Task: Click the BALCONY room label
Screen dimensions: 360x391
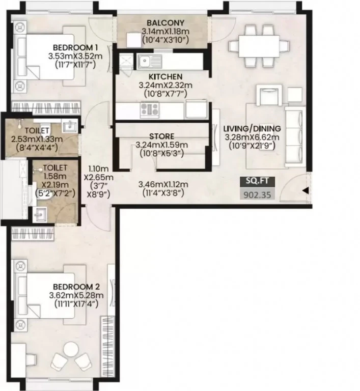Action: [x=165, y=23]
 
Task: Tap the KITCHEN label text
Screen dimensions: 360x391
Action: [x=165, y=76]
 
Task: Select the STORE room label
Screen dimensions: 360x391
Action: [x=161, y=136]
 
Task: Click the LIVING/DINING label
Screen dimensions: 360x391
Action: [x=252, y=129]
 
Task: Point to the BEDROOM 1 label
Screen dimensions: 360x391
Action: [x=75, y=47]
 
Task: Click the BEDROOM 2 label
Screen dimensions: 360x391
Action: [x=76, y=287]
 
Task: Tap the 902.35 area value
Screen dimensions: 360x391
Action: [x=257, y=195]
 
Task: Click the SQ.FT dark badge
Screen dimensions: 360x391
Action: [x=257, y=182]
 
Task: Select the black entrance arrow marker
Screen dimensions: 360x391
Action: [x=306, y=191]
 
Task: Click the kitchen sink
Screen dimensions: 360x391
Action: [x=149, y=61]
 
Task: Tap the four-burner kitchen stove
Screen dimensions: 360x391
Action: [x=149, y=109]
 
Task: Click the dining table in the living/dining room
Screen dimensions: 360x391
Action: [x=259, y=46]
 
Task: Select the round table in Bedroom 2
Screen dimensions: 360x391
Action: [x=71, y=349]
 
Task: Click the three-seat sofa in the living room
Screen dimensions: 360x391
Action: [x=295, y=137]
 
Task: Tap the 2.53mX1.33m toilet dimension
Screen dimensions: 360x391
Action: [x=37, y=139]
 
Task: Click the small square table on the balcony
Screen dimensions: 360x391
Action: [x=134, y=40]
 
